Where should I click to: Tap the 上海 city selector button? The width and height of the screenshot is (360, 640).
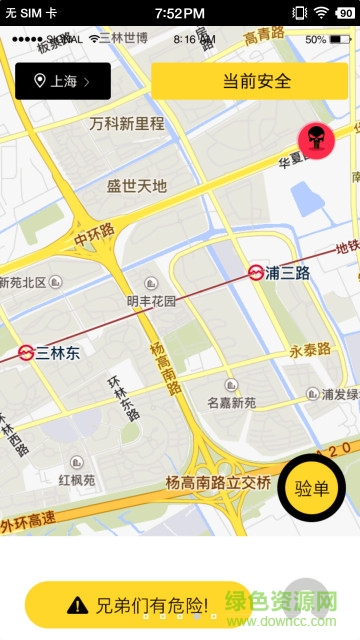63,81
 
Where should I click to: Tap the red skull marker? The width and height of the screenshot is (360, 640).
317,141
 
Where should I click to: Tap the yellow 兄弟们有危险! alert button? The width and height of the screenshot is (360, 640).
138,605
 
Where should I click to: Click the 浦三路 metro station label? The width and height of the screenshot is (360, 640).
288,271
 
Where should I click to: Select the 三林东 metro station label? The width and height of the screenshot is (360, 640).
57,352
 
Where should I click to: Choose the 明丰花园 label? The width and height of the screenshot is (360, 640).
151,300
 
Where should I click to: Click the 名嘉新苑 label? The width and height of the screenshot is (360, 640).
231,403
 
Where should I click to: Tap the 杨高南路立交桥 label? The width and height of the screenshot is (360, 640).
218,483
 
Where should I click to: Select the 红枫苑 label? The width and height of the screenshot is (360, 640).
77,480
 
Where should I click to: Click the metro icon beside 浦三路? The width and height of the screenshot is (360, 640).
257,271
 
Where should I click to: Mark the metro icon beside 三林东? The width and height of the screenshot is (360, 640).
26,352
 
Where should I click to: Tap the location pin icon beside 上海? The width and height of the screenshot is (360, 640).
40,81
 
